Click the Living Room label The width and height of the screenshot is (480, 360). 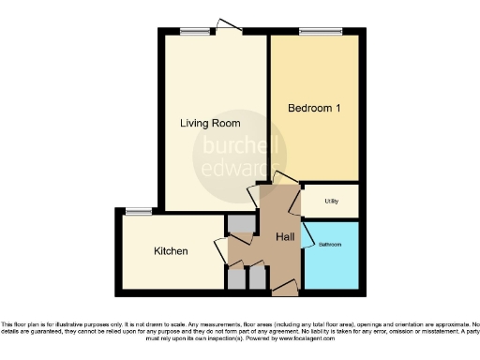click(x=210, y=123)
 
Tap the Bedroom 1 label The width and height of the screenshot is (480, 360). click(x=314, y=108)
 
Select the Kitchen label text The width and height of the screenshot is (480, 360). click(x=171, y=251)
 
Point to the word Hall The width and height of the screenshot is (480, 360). click(x=286, y=236)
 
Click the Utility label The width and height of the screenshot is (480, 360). click(x=332, y=202)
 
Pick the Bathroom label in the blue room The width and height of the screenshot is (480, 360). click(x=329, y=246)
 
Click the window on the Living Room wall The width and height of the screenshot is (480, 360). click(x=194, y=32)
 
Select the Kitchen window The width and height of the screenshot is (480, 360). click(x=139, y=212)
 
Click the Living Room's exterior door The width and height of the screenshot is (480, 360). click(x=225, y=26)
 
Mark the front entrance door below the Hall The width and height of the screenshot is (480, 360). click(x=286, y=287)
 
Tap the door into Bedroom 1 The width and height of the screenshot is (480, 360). click(x=286, y=180)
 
